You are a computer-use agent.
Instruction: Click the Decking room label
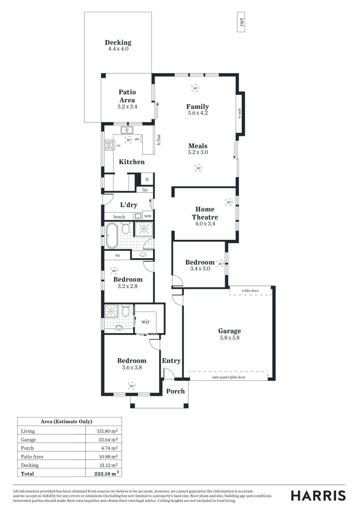tap(118, 42)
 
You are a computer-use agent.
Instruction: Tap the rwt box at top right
tap(241, 22)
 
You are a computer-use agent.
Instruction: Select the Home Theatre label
tap(205, 213)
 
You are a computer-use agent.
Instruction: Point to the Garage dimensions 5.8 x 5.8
tap(229, 337)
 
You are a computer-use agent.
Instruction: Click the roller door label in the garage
tap(250, 291)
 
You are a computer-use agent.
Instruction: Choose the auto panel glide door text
tap(229, 377)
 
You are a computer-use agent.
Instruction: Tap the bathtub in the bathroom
tap(112, 235)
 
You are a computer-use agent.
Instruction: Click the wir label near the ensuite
tap(146, 321)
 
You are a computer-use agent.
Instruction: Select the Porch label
tap(175, 391)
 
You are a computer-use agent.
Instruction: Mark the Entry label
tap(171, 361)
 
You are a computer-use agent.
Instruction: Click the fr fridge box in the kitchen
tap(147, 180)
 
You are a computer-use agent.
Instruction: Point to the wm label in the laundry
tap(147, 216)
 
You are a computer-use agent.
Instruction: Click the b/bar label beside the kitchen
tap(159, 140)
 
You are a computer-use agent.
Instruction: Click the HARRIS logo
tap(318, 495)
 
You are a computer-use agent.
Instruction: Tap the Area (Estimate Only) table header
tap(70, 421)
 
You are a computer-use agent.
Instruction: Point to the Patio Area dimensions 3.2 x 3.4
tap(127, 107)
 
